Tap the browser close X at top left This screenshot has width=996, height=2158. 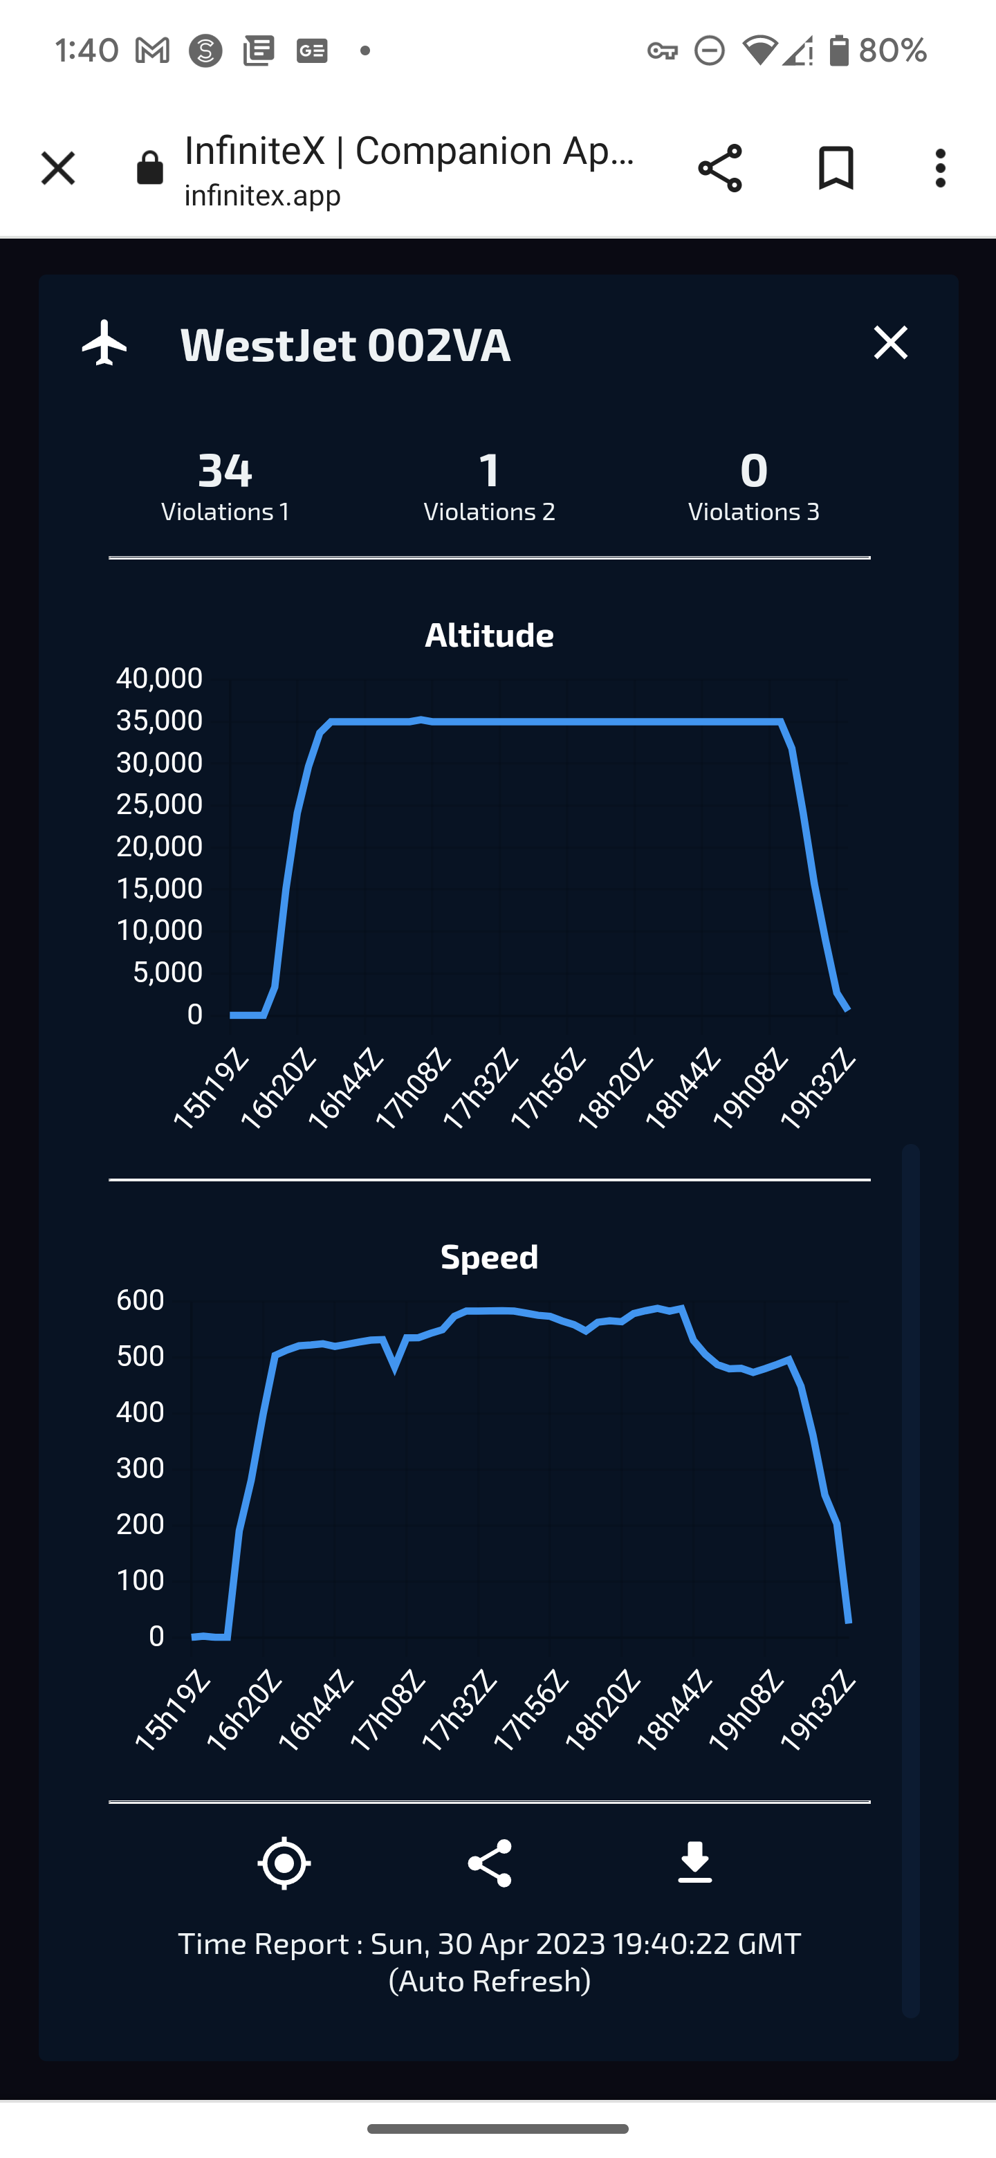58,168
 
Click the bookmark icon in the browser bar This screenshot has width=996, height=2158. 835,168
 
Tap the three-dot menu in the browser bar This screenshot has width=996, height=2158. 940,168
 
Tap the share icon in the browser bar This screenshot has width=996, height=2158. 719,168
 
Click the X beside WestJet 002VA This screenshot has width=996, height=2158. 889,342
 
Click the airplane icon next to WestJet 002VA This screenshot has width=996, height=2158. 104,342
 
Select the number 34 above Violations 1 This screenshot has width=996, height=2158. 225,470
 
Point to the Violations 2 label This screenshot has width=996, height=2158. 489,512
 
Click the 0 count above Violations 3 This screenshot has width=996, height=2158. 753,470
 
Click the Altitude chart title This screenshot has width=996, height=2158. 489,635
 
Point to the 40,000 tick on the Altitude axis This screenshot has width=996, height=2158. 159,678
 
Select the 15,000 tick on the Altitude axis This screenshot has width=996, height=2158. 159,888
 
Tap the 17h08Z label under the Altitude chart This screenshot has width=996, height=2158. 414,1088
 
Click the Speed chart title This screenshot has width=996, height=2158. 489,1257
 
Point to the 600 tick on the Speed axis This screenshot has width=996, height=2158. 140,1300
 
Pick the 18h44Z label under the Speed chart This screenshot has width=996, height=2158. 674,1710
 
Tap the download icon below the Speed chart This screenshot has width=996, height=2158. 694,1863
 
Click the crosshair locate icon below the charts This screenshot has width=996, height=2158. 284,1863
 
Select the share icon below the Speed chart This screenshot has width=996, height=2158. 489,1863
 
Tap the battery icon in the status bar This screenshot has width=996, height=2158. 838,50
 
